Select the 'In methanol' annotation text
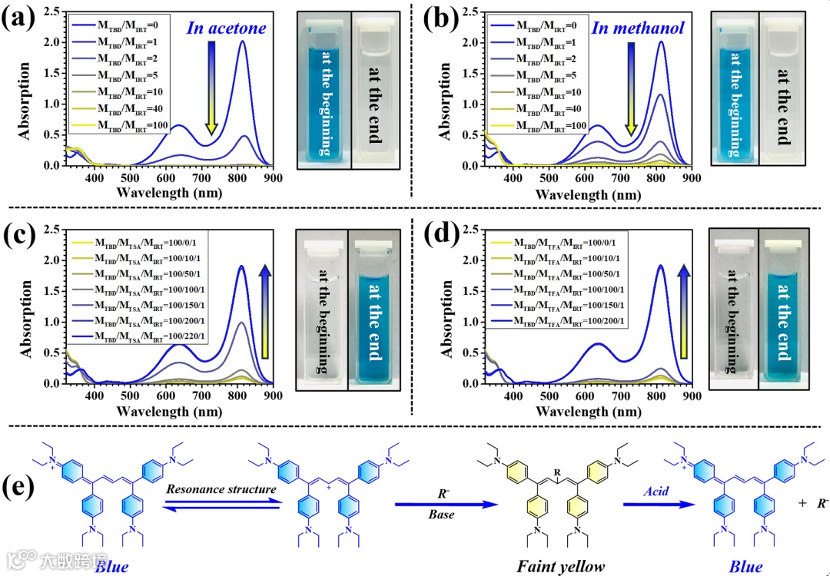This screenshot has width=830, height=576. coord(637,28)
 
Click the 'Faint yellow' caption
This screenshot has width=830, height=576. coord(560,567)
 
